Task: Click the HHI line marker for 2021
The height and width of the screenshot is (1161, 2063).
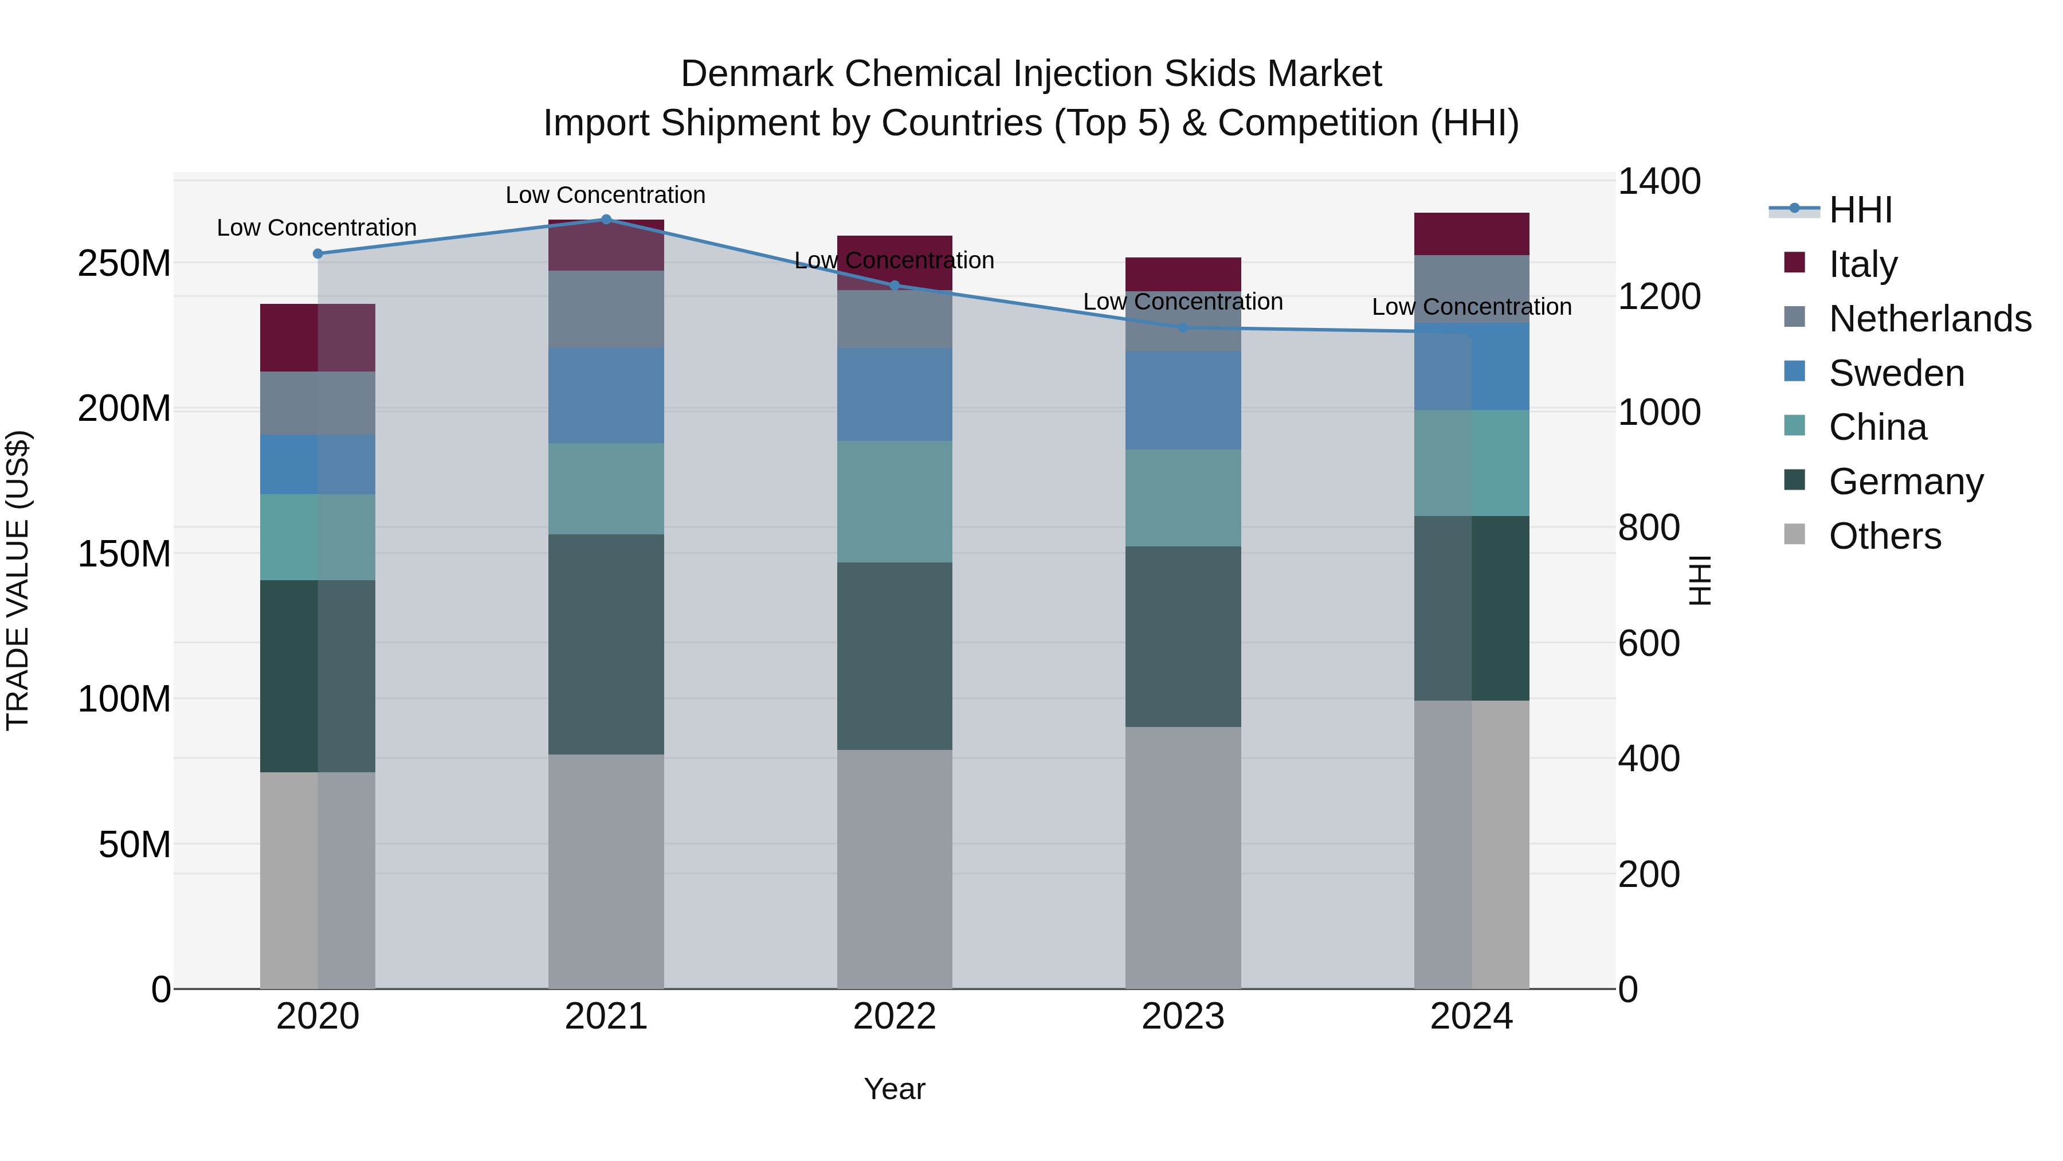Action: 606,220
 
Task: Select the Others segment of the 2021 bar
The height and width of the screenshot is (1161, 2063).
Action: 606,871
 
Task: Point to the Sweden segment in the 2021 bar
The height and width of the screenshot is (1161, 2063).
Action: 606,395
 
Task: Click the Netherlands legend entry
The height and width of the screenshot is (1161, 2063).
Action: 1929,319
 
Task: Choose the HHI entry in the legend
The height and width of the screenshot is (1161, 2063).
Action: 1860,210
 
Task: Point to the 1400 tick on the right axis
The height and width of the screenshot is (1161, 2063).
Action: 1658,181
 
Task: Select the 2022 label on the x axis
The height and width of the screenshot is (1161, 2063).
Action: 895,1017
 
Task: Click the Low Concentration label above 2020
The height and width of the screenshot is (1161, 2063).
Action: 316,228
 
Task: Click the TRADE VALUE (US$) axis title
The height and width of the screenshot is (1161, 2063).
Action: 18,580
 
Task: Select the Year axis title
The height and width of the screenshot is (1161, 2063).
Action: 895,1089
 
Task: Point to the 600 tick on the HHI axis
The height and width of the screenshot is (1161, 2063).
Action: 1648,643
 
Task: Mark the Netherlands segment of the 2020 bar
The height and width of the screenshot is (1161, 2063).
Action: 317,403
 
